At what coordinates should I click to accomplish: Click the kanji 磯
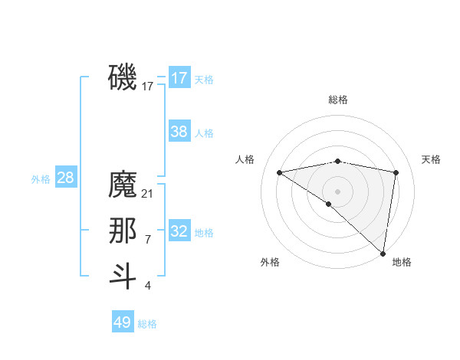point(123,77)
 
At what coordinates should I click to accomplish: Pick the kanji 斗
point(123,277)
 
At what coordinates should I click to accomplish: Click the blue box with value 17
point(179,77)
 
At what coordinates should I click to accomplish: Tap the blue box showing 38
point(179,132)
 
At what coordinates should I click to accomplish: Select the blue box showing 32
point(179,231)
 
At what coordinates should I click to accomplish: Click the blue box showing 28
point(65,178)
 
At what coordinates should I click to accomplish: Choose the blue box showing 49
point(123,322)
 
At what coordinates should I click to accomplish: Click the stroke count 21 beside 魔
point(148,194)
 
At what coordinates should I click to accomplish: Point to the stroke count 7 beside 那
point(148,240)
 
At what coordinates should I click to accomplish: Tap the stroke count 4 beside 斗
point(148,286)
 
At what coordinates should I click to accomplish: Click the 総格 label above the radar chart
point(337,100)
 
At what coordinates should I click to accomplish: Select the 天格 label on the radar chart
point(431,159)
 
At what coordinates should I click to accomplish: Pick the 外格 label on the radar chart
point(270,262)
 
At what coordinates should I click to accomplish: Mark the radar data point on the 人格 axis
point(279,172)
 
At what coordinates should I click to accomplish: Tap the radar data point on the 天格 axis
point(396,172)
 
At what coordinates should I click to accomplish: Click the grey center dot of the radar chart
point(337,191)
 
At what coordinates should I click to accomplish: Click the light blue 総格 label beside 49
point(147,324)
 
